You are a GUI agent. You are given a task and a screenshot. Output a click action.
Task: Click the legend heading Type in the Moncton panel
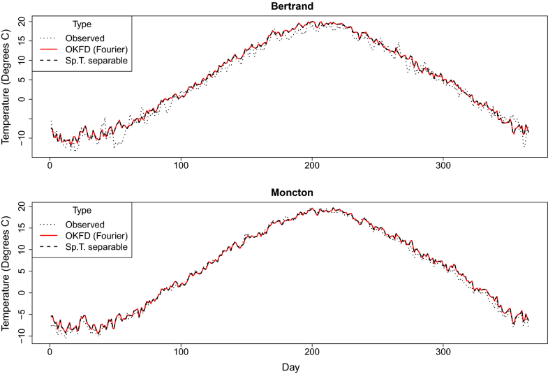82,210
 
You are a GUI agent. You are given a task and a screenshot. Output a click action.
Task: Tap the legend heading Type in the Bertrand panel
82,24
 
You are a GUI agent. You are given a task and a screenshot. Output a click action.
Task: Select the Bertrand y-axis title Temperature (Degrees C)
6,86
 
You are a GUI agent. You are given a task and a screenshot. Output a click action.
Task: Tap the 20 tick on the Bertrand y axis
22,22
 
